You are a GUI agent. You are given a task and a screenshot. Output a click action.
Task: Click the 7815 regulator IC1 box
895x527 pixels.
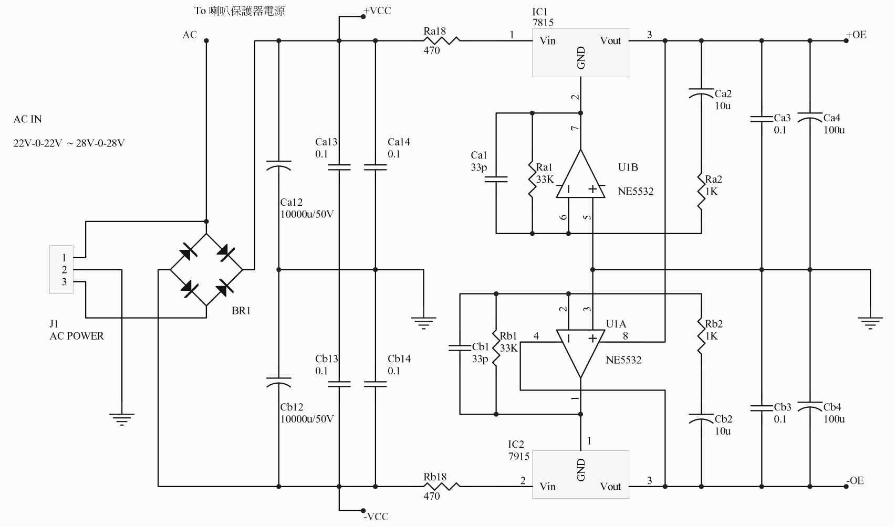[580, 52]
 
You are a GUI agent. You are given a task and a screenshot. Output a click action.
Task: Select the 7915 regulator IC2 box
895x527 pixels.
[580, 474]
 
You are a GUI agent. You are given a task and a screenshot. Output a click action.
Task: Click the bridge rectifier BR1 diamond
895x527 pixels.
[206, 270]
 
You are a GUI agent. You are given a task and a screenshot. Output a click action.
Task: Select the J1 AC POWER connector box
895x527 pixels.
[61, 269]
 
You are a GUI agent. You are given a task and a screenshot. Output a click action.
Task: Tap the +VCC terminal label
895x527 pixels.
[377, 10]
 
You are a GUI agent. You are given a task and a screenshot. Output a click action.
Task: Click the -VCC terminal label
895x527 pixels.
[376, 517]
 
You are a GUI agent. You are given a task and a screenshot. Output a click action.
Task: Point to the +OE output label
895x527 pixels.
[856, 35]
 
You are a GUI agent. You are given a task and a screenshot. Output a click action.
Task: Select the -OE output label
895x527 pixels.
[856, 480]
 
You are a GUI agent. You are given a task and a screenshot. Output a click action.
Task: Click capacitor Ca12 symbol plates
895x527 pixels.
[278, 165]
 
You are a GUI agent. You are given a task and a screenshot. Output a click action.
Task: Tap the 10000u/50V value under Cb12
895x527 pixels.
[307, 419]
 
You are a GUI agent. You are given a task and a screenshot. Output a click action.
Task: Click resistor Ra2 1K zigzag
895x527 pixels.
[701, 192]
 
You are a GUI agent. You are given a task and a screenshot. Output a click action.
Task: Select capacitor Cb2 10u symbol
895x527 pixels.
[701, 419]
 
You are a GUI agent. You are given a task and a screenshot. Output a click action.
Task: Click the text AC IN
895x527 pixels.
[27, 119]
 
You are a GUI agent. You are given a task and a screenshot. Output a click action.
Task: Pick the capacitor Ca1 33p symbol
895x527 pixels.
[496, 180]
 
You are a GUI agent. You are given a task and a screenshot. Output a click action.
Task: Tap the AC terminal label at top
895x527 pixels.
[190, 35]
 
